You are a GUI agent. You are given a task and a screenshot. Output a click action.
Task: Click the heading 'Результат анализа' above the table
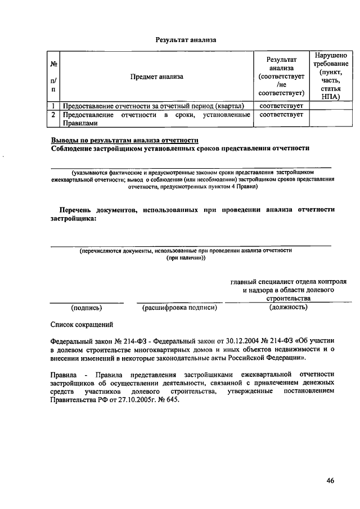pos(185,40)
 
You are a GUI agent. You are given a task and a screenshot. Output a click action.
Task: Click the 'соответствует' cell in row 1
pos(281,105)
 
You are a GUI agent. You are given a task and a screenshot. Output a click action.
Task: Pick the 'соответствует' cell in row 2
pos(281,115)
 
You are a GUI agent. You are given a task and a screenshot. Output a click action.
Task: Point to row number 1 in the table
pos(53,105)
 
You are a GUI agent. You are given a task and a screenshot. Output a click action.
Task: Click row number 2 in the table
pos(53,115)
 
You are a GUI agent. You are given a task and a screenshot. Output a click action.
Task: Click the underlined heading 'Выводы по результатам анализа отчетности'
pos(124,140)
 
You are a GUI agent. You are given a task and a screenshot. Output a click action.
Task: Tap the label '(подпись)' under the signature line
pos(86,308)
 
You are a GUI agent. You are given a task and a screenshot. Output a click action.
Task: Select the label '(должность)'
pos(288,308)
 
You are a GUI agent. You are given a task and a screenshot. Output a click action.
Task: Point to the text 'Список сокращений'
pos(82,325)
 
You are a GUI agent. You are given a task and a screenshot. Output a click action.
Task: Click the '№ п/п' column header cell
pos(53,76)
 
